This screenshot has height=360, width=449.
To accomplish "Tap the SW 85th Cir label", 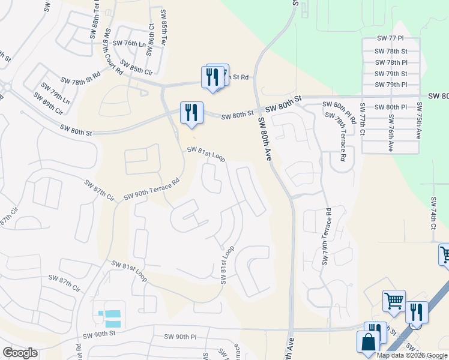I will [x=136, y=67].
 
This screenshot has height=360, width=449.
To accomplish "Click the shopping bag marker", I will [x=367, y=343].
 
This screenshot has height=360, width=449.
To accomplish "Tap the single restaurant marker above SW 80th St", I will [x=191, y=113].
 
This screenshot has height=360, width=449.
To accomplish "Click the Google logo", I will [x=20, y=352].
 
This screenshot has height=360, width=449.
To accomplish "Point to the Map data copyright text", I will [x=411, y=355].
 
